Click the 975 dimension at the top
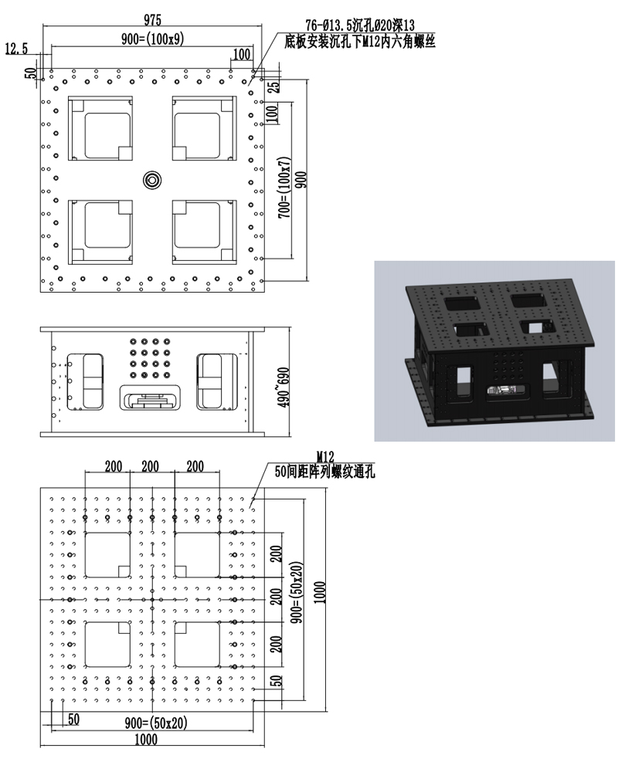pos(152,20)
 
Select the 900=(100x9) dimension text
pos(153,39)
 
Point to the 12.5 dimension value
pos(16,49)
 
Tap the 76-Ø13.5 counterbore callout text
pos(360,25)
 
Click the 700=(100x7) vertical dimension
pos(284,188)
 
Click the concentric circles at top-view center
pos(153,180)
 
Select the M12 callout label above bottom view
pos(325,457)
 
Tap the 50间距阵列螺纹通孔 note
pos(324,472)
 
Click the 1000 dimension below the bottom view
pos(146,739)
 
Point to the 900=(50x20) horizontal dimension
pos(156,723)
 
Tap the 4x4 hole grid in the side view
pos(150,358)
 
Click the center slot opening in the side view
pos(150,398)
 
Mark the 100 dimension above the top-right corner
pos(242,54)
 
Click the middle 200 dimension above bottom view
pos(151,466)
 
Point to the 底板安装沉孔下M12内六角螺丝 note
pos(360,42)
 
